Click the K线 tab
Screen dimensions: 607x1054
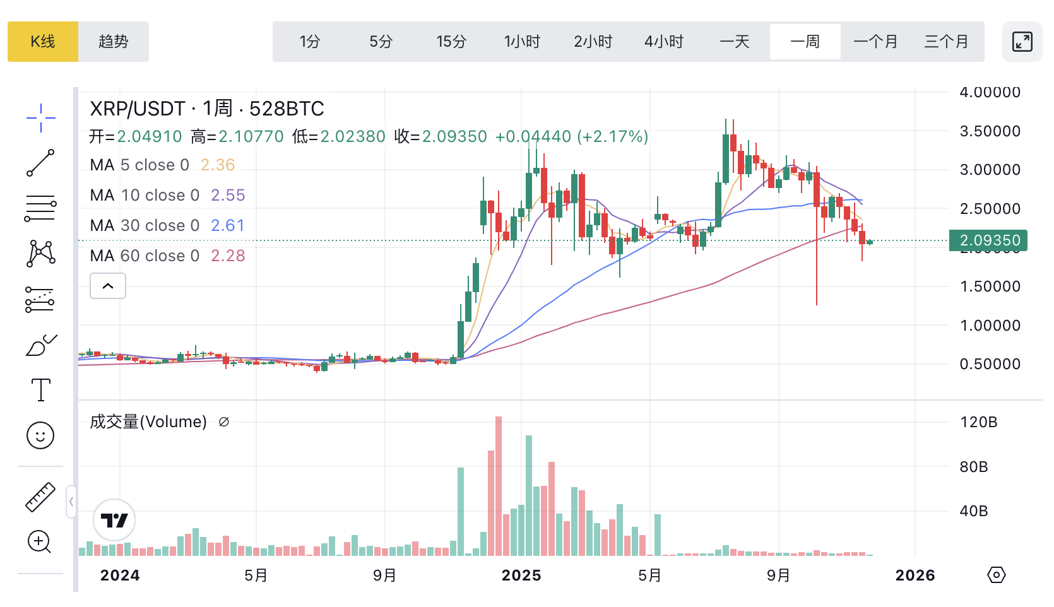tap(43, 42)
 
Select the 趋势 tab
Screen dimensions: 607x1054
tap(114, 42)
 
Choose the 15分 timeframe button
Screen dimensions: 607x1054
tap(451, 42)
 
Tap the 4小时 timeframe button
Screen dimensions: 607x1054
tap(664, 42)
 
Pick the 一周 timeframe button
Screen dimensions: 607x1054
tap(805, 42)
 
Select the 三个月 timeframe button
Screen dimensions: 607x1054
tap(946, 42)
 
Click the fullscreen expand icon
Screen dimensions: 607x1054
tap(1022, 42)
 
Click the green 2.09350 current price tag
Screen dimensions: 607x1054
tap(989, 240)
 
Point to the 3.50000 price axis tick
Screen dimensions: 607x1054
tap(990, 131)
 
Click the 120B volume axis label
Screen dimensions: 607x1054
tap(978, 422)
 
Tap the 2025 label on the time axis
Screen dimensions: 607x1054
tap(521, 575)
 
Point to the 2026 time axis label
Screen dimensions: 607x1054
tap(915, 575)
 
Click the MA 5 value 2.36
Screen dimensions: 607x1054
tap(218, 165)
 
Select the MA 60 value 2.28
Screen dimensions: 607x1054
tap(228, 256)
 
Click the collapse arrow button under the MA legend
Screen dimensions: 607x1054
tap(108, 286)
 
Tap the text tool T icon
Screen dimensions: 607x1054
tap(41, 390)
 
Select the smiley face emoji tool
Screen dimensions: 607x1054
tap(40, 435)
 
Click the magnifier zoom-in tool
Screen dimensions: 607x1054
tap(40, 541)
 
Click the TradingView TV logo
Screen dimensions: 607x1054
tap(114, 521)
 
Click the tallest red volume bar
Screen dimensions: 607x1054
tap(499, 486)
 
